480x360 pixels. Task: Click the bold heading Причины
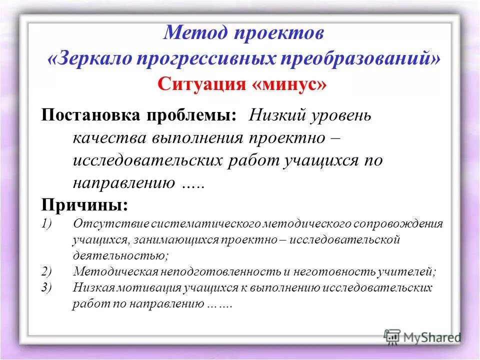pyautogui.click(x=84, y=204)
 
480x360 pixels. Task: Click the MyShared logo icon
pyautogui.click(x=392, y=336)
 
